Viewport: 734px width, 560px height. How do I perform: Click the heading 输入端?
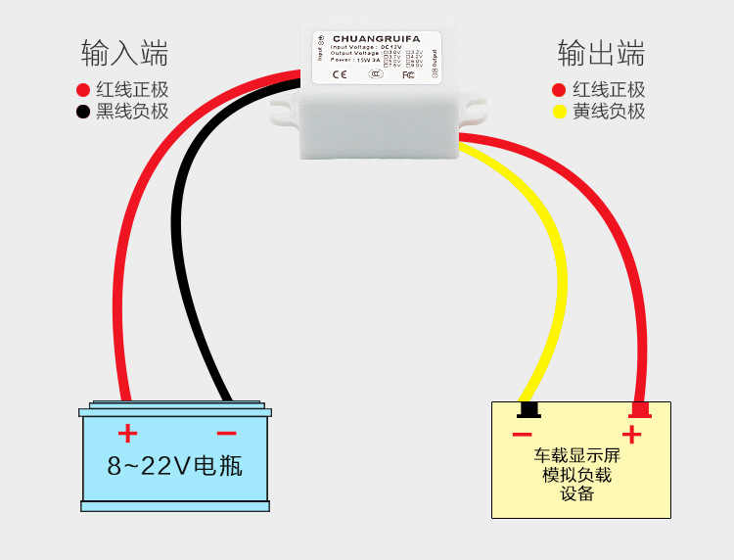click(x=124, y=52)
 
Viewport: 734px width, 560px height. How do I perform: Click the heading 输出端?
click(x=601, y=52)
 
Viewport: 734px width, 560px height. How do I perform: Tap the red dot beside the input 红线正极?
click(x=83, y=90)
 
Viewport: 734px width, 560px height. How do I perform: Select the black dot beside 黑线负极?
click(x=83, y=112)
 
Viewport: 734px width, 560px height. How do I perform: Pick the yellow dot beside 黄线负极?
click(x=560, y=112)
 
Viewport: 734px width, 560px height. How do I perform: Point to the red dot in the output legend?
click(x=560, y=90)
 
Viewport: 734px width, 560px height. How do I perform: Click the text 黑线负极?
click(x=132, y=112)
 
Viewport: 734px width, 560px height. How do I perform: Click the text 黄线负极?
click(x=609, y=112)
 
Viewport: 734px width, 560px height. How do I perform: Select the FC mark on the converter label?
click(x=408, y=74)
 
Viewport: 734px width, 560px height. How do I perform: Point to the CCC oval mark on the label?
click(x=376, y=74)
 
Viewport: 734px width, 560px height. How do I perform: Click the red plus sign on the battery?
click(x=127, y=433)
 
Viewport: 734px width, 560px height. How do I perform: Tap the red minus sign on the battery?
click(x=226, y=433)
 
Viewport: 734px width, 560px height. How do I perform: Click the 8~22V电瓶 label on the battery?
click(x=175, y=466)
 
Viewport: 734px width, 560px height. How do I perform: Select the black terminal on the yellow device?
click(x=528, y=408)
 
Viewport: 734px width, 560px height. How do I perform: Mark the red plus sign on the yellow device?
click(x=632, y=434)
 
